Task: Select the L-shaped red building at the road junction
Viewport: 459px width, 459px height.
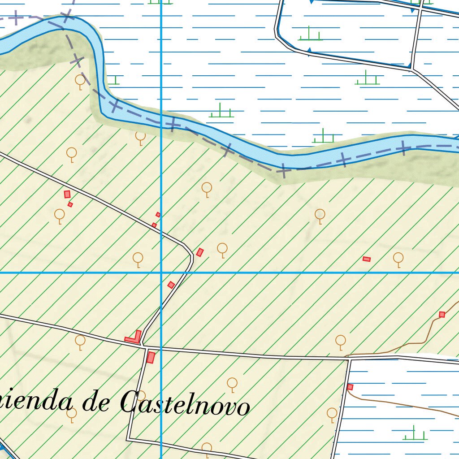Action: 134,337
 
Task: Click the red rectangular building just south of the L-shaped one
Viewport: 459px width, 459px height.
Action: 151,357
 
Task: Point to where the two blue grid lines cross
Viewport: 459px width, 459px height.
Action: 161,272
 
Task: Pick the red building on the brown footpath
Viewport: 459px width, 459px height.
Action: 442,314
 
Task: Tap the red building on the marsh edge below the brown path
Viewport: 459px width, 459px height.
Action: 350,387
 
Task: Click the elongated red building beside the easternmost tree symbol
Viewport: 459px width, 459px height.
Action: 367,259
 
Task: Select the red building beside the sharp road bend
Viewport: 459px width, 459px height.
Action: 200,252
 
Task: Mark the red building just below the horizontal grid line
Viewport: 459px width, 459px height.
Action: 171,285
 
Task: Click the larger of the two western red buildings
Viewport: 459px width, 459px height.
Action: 67,194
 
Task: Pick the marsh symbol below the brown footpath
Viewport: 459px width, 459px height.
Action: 414,434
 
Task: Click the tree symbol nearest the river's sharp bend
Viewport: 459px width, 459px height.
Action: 80,81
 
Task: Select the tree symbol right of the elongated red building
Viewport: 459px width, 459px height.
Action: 398,258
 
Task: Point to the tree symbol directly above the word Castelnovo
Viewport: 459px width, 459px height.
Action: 232,383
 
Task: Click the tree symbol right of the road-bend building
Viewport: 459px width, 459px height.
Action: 222,249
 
